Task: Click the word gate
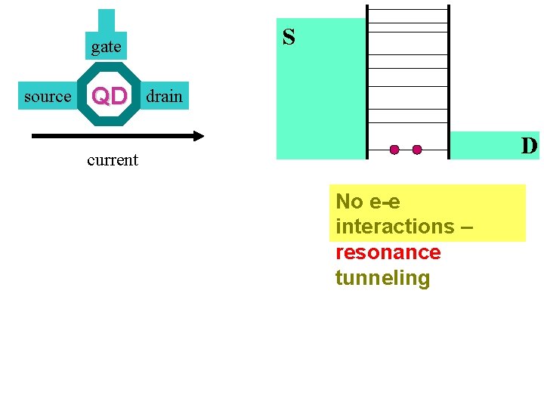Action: (x=106, y=48)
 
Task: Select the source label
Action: (x=47, y=97)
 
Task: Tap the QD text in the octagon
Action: (x=110, y=97)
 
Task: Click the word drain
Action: (x=164, y=97)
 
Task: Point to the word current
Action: (x=113, y=160)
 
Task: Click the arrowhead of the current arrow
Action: (x=199, y=136)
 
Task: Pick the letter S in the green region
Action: (x=289, y=37)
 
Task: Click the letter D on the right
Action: (x=529, y=145)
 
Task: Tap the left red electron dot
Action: (x=394, y=150)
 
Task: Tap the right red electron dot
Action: (x=417, y=150)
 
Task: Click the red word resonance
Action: (x=388, y=252)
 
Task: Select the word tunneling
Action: (x=382, y=278)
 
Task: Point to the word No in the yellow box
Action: (x=349, y=202)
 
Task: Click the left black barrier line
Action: (x=367, y=83)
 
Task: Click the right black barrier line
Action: (x=449, y=83)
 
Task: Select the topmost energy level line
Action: (x=408, y=10)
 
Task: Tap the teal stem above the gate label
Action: (x=107, y=20)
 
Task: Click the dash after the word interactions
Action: (x=467, y=227)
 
